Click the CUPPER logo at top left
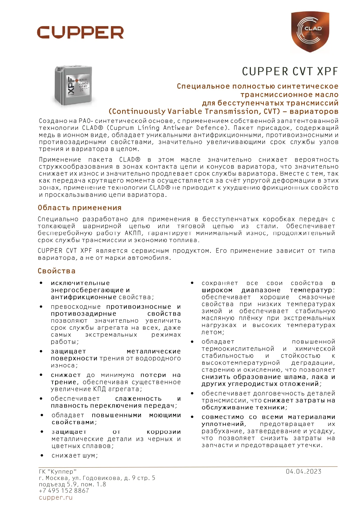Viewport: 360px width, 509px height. (x=80, y=32)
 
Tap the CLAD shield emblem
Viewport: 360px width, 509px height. (x=310, y=32)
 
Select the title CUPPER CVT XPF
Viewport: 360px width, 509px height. (x=290, y=72)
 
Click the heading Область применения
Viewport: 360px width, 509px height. (x=79, y=208)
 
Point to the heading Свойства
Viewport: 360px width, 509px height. (x=57, y=271)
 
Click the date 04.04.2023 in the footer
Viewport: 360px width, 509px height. (x=303, y=472)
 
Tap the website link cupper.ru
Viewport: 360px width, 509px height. (x=55, y=498)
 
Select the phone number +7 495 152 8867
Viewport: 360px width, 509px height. (x=64, y=491)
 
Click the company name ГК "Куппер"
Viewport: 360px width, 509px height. (x=58, y=472)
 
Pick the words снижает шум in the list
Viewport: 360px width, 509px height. (x=74, y=456)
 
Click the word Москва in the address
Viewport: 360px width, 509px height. (x=57, y=478)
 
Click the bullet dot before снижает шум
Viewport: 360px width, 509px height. (x=42, y=456)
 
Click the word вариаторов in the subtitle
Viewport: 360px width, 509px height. (x=314, y=111)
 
